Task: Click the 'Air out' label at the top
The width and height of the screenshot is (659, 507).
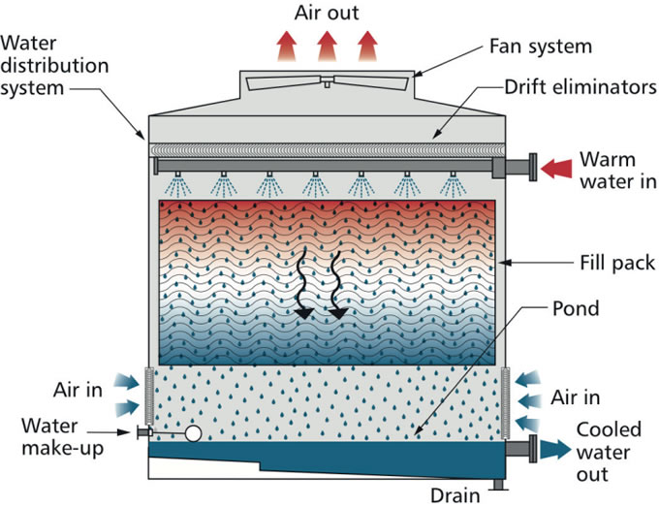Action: [x=327, y=13]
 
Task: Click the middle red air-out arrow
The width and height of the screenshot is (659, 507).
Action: [x=327, y=44]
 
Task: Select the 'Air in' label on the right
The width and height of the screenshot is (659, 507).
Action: [x=576, y=397]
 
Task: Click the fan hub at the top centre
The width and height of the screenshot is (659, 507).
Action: [x=327, y=83]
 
